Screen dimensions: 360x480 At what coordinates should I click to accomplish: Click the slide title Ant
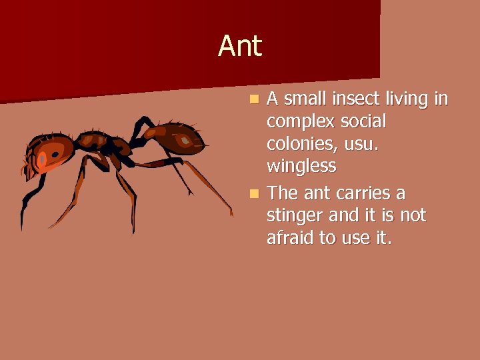[x=240, y=47]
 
